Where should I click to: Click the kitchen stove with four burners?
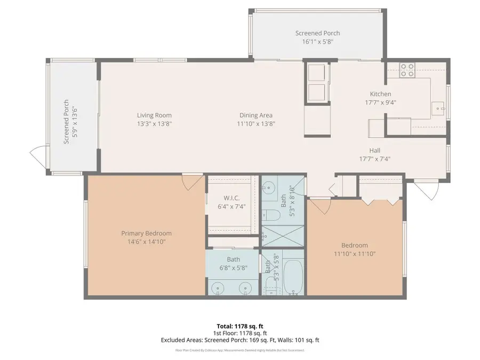[407, 70]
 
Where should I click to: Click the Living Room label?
[154, 115]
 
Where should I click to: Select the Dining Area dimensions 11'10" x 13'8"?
[256, 124]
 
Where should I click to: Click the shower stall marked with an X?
[283, 235]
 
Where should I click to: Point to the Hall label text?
[375, 150]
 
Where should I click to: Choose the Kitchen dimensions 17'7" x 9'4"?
[380, 102]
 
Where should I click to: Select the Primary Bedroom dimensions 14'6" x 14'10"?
[146, 242]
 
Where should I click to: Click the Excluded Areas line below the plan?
[239, 340]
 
